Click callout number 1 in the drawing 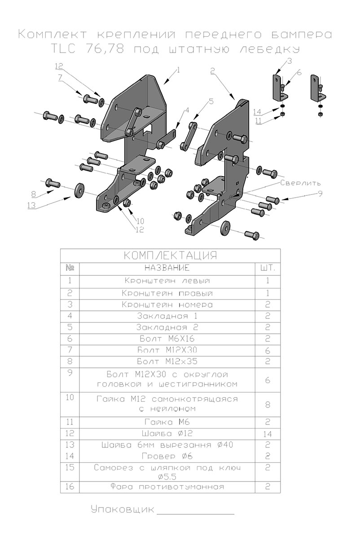[x=178, y=70]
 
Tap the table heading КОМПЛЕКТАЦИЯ [x=170, y=256]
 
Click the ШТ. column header [x=268, y=269]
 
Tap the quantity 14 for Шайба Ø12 [x=268, y=434]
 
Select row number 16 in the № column [x=70, y=487]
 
